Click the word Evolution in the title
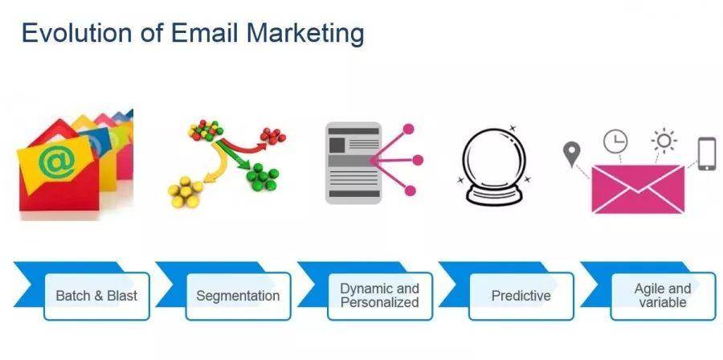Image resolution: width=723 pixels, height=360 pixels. (x=77, y=33)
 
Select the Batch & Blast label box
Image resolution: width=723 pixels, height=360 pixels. (x=97, y=296)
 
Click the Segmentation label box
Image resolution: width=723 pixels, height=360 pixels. (x=238, y=296)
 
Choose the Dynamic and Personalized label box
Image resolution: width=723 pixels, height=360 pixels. (x=380, y=296)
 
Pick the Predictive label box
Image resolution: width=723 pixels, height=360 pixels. (x=521, y=296)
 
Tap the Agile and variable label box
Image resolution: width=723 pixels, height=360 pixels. (x=663, y=296)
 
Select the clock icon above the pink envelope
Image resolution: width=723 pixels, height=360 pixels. (x=615, y=141)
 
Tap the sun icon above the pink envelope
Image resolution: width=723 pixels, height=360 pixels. (x=664, y=141)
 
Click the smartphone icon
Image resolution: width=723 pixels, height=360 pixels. (x=707, y=154)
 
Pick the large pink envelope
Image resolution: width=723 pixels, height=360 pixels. (x=638, y=189)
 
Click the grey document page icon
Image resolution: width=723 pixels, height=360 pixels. (x=353, y=163)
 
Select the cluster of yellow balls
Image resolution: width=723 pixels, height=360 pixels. (x=186, y=192)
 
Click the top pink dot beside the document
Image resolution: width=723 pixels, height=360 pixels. (x=409, y=129)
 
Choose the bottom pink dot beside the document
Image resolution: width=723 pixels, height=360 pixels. (x=410, y=190)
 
